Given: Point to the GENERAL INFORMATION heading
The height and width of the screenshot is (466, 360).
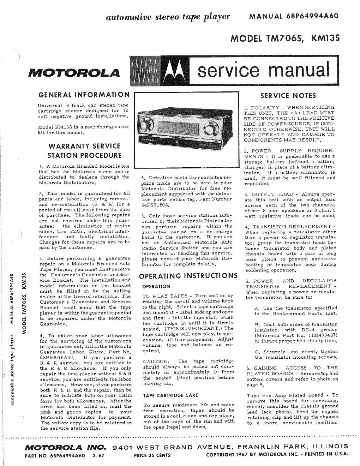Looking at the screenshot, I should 83,95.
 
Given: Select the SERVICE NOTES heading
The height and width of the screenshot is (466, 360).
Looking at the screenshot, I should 288,95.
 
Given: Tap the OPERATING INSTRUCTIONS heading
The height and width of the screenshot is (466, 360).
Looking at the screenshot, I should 188,276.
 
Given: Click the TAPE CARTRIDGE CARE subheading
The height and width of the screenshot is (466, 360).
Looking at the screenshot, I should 170,395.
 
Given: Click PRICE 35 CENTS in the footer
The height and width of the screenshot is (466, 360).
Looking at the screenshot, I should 152,455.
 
